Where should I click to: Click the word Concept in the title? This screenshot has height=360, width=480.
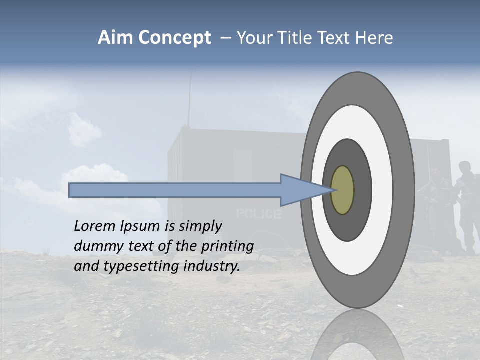(x=175, y=38)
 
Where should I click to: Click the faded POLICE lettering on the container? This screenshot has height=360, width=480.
(x=258, y=214)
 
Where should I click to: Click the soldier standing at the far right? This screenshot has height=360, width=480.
(x=467, y=205)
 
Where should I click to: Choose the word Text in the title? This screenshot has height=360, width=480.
(x=340, y=38)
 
